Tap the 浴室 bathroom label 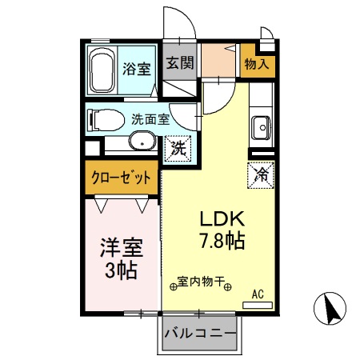[137, 69]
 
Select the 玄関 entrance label [180, 63]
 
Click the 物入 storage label [257, 64]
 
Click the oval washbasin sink [142, 144]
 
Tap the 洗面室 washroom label [150, 119]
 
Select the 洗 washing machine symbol [178, 147]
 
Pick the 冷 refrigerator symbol [261, 172]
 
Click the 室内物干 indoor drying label [201, 282]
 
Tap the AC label [258, 294]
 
